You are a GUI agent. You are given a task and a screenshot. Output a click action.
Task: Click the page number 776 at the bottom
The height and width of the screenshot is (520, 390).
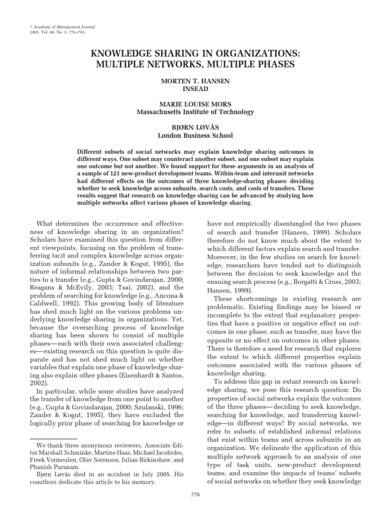click(x=195, y=494)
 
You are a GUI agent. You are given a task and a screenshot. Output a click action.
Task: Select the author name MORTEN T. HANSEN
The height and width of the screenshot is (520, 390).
click(x=196, y=80)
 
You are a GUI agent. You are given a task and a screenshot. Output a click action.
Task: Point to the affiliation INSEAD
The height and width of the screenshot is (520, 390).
click(x=196, y=87)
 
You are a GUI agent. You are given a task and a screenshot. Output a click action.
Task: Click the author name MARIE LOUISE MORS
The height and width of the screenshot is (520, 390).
click(x=196, y=105)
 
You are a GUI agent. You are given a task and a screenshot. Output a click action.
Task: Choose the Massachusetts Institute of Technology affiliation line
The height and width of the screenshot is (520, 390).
click(x=196, y=112)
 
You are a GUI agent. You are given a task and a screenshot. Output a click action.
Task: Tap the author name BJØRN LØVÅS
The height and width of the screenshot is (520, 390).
click(x=196, y=128)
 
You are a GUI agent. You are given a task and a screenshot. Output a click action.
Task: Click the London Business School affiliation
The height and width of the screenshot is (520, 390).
click(x=196, y=136)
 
